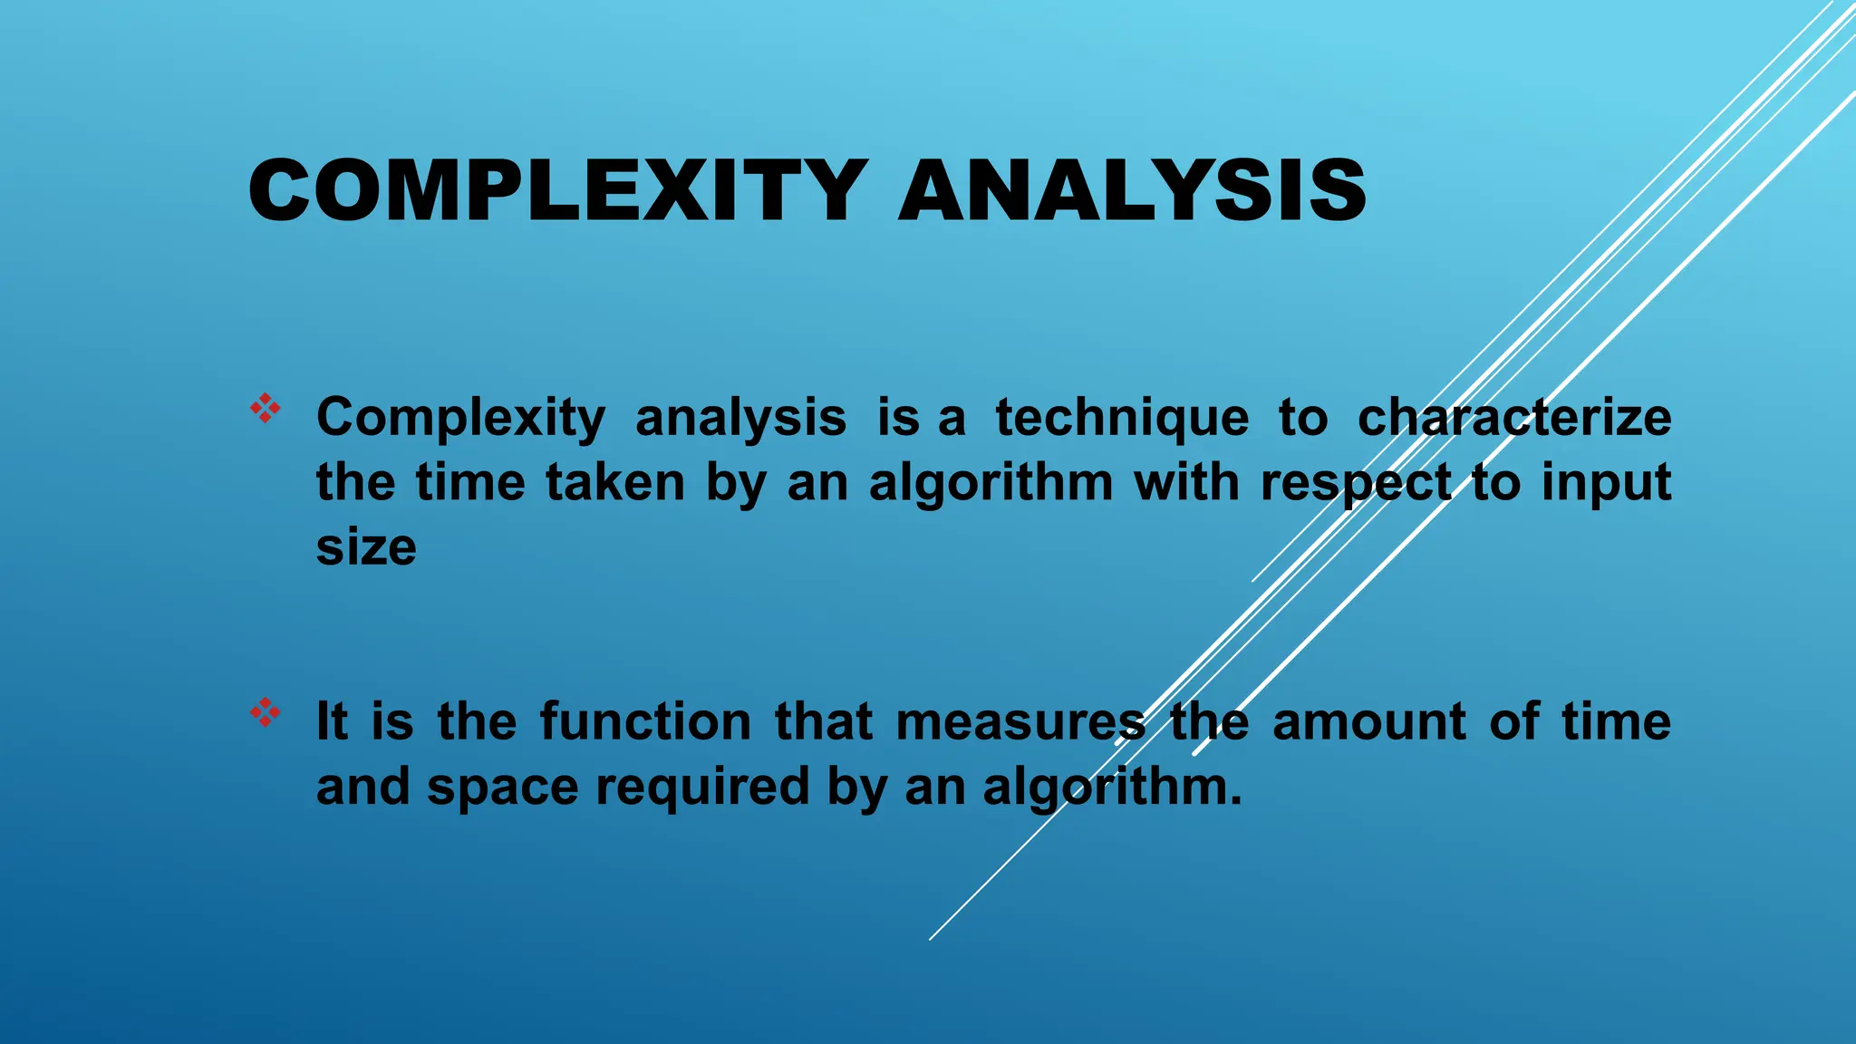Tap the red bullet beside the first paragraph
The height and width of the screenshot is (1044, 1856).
tap(266, 409)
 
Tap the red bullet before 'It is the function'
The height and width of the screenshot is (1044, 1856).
tap(266, 713)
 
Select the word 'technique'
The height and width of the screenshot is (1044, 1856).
tap(1122, 419)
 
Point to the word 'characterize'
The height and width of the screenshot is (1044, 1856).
tap(1513, 419)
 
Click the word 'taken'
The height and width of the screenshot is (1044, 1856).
tap(615, 482)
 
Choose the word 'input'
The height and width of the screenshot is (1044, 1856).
tap(1606, 484)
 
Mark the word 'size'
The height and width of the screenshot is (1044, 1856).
tap(366, 548)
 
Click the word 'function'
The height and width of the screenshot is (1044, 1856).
tap(645, 722)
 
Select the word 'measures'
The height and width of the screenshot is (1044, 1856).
tap(1020, 722)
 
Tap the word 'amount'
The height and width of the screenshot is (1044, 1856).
tap(1369, 722)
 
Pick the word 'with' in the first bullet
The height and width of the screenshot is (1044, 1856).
tap(1186, 482)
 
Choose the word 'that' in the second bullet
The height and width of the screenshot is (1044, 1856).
tap(823, 722)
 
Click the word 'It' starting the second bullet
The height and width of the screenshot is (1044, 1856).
tap(332, 722)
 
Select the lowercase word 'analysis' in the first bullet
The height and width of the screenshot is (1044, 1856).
tap(740, 419)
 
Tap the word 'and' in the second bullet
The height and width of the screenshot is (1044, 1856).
tap(361, 787)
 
